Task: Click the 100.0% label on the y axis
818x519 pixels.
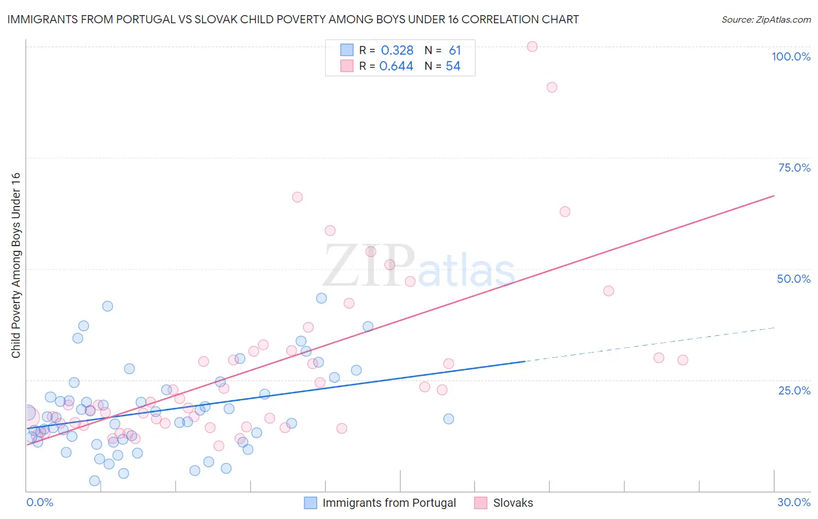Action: click(791, 56)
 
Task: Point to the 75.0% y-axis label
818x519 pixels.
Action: click(794, 168)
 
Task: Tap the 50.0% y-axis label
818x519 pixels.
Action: click(794, 279)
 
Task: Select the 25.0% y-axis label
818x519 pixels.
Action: click(794, 390)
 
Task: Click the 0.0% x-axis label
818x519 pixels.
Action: click(40, 502)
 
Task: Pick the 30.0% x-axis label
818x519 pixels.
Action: click(794, 502)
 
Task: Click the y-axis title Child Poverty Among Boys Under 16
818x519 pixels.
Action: click(16, 265)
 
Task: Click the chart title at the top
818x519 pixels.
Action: click(293, 19)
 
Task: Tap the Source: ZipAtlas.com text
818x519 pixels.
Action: click(766, 20)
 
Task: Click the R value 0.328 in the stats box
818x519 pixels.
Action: click(397, 51)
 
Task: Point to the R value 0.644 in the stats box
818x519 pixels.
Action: click(396, 66)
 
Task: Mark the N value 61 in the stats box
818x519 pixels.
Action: click(454, 51)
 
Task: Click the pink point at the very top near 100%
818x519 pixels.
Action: click(532, 47)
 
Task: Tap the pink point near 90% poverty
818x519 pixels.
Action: click(552, 87)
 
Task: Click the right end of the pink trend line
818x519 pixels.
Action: click(774, 195)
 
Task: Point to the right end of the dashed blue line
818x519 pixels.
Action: click(774, 328)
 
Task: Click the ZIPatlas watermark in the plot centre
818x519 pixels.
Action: click(418, 266)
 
